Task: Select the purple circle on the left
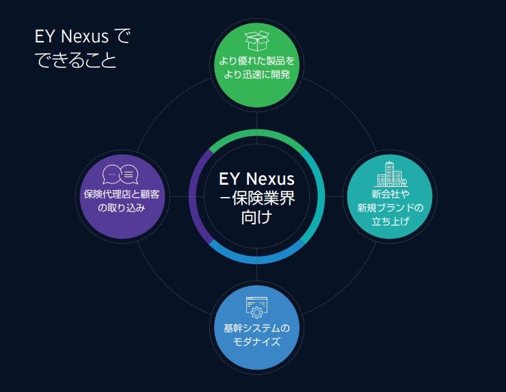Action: (x=120, y=196)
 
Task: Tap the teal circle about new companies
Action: (x=390, y=196)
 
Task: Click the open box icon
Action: (x=256, y=40)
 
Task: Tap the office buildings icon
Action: (x=390, y=173)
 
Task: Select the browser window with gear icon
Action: (x=256, y=308)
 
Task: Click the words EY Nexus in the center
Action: (x=256, y=179)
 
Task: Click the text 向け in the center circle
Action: (x=256, y=218)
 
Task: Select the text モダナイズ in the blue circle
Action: (x=256, y=341)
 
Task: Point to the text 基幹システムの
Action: (x=256, y=328)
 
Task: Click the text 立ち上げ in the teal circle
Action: (x=390, y=220)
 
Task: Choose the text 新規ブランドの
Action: (x=390, y=207)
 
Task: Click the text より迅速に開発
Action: (x=256, y=75)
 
